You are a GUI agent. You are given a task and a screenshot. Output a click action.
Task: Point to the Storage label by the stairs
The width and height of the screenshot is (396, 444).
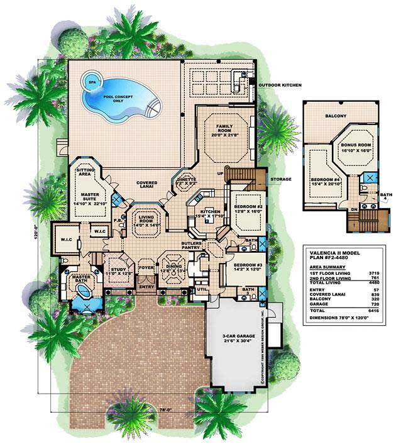click(x=281, y=179)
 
